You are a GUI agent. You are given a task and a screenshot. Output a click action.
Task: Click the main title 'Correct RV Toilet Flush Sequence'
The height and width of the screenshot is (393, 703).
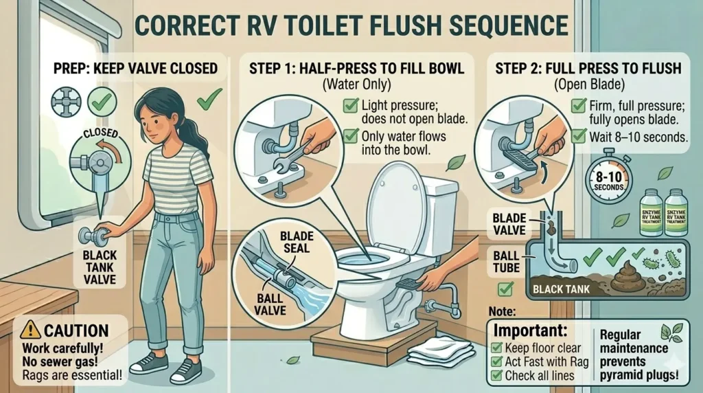point(351,25)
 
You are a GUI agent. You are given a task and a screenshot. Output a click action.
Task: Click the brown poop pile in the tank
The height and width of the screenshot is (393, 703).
point(625,277)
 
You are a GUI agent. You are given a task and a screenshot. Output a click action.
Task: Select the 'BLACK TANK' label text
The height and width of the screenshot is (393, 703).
point(561,291)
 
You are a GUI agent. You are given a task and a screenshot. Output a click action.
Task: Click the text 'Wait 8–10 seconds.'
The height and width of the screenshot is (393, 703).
point(638,137)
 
